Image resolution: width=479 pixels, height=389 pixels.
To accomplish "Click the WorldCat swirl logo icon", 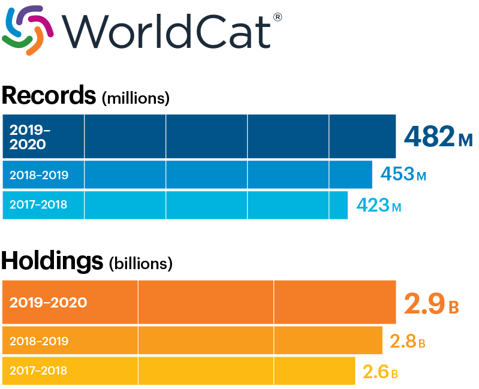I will point(28,29).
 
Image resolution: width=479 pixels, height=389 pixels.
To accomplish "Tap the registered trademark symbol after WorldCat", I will point(277,17).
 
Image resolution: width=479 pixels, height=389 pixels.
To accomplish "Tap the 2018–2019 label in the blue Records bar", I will point(39,175).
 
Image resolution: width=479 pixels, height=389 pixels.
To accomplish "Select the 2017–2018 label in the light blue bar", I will point(38,205).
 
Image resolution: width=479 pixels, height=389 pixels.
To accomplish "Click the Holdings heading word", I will point(52,261).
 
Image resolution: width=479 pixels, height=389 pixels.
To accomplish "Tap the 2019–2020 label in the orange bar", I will point(48,302).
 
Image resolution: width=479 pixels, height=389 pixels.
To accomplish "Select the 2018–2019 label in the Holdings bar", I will point(39,341).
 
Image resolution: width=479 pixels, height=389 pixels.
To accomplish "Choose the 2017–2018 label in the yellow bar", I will point(38,370).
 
